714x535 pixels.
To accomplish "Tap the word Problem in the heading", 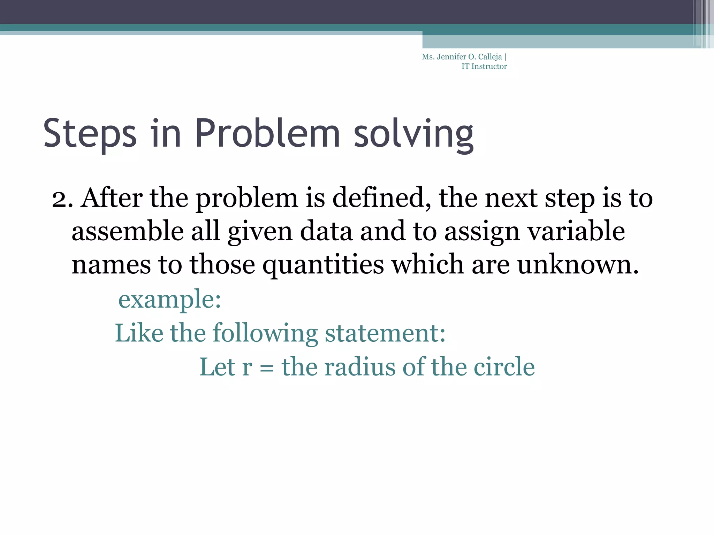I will [x=267, y=133].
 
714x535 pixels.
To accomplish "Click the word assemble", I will [x=127, y=231].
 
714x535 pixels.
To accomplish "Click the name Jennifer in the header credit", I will [x=451, y=57].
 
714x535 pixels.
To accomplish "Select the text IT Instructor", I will [x=484, y=67].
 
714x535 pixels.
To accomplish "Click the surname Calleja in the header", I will [x=490, y=57].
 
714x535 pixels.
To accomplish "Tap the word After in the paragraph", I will [x=111, y=198].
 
